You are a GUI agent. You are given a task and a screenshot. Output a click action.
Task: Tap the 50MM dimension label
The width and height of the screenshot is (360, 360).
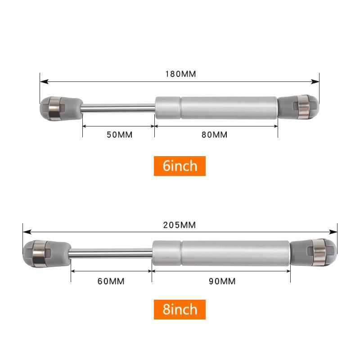coord(119,135)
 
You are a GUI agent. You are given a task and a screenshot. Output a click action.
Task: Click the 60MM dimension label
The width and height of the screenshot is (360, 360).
coord(111,282)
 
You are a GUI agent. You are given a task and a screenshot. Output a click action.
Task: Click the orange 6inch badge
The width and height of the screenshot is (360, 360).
coord(180,166)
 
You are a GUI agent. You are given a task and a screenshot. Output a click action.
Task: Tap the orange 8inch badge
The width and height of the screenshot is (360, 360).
coord(180,310)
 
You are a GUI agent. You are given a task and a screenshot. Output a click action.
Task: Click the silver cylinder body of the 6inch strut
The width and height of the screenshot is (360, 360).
coord(216,107)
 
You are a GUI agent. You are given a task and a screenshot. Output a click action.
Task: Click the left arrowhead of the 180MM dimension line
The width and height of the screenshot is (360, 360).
coord(43,82)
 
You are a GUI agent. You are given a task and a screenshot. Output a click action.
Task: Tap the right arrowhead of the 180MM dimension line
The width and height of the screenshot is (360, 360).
coord(316,82)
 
